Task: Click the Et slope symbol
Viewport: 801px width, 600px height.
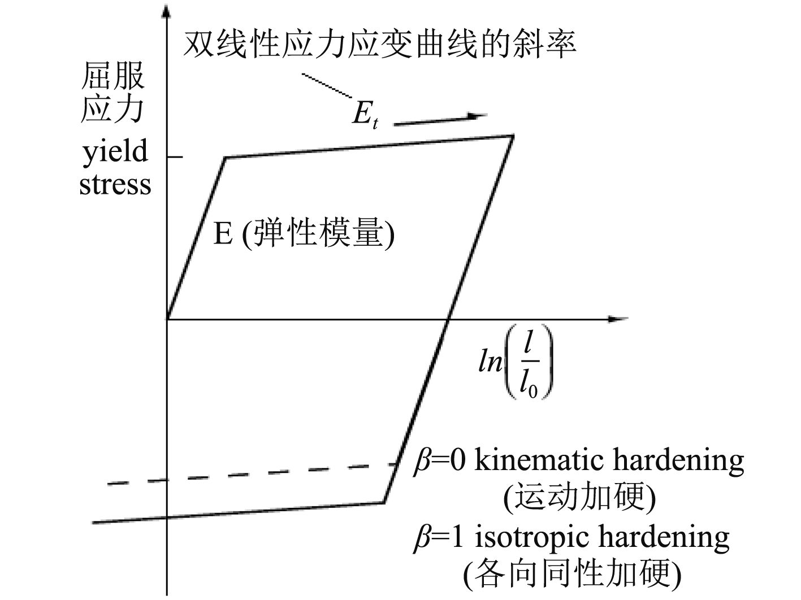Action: pos(364,114)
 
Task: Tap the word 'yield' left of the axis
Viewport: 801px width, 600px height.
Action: pos(115,152)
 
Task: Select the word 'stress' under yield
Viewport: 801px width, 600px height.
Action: pos(115,185)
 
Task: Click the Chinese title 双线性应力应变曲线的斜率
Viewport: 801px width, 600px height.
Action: pos(379,44)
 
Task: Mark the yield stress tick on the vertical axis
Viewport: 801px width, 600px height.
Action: pos(175,156)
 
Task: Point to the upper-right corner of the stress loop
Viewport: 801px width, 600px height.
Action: pos(512,136)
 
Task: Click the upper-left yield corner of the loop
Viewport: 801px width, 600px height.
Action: pos(226,158)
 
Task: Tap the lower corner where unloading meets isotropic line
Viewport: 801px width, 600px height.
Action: pos(384,502)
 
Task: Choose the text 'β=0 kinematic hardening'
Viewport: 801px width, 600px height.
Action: pos(578,461)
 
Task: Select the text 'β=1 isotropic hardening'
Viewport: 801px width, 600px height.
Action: pos(571,537)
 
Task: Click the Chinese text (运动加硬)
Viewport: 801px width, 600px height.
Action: pos(579,498)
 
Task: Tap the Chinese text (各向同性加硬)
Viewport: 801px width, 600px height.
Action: pos(572,574)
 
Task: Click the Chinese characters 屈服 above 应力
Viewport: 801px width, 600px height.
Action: pos(113,76)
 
